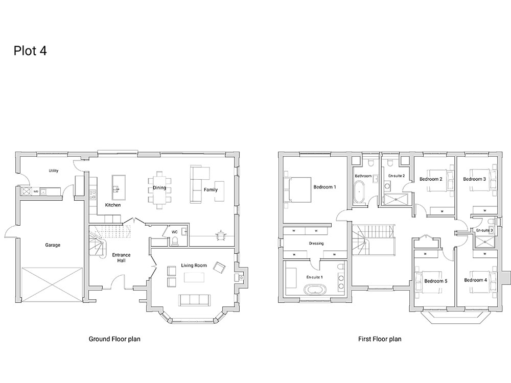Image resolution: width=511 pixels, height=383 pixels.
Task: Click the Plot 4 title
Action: tap(30, 51)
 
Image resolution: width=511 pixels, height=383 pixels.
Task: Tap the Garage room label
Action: tap(53, 245)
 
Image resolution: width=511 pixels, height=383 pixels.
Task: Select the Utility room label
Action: tap(54, 171)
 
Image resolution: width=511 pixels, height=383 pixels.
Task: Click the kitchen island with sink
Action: tap(119, 187)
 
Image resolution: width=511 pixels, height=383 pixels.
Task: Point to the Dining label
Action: tap(159, 187)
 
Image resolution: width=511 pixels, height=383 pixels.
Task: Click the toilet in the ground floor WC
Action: tap(175, 241)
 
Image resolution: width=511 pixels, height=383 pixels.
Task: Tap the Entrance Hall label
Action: tap(121, 257)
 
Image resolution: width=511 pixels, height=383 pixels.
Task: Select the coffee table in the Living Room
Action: tap(194, 277)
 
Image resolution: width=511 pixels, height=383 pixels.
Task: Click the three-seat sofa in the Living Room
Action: tap(194, 300)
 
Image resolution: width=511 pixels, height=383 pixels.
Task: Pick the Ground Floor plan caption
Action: tap(114, 339)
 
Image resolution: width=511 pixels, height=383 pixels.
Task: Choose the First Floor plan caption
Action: tap(380, 339)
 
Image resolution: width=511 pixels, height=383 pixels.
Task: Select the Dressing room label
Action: tap(316, 243)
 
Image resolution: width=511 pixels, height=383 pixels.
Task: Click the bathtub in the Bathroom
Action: tap(359, 192)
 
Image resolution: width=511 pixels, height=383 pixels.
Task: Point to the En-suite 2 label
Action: tap(397, 176)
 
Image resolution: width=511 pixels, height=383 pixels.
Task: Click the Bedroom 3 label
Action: tap(474, 179)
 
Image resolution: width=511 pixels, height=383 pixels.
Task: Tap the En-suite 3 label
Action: tap(484, 230)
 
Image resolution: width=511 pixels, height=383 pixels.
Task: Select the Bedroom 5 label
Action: tap(436, 281)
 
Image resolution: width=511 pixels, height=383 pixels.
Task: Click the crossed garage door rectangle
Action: tap(52, 285)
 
